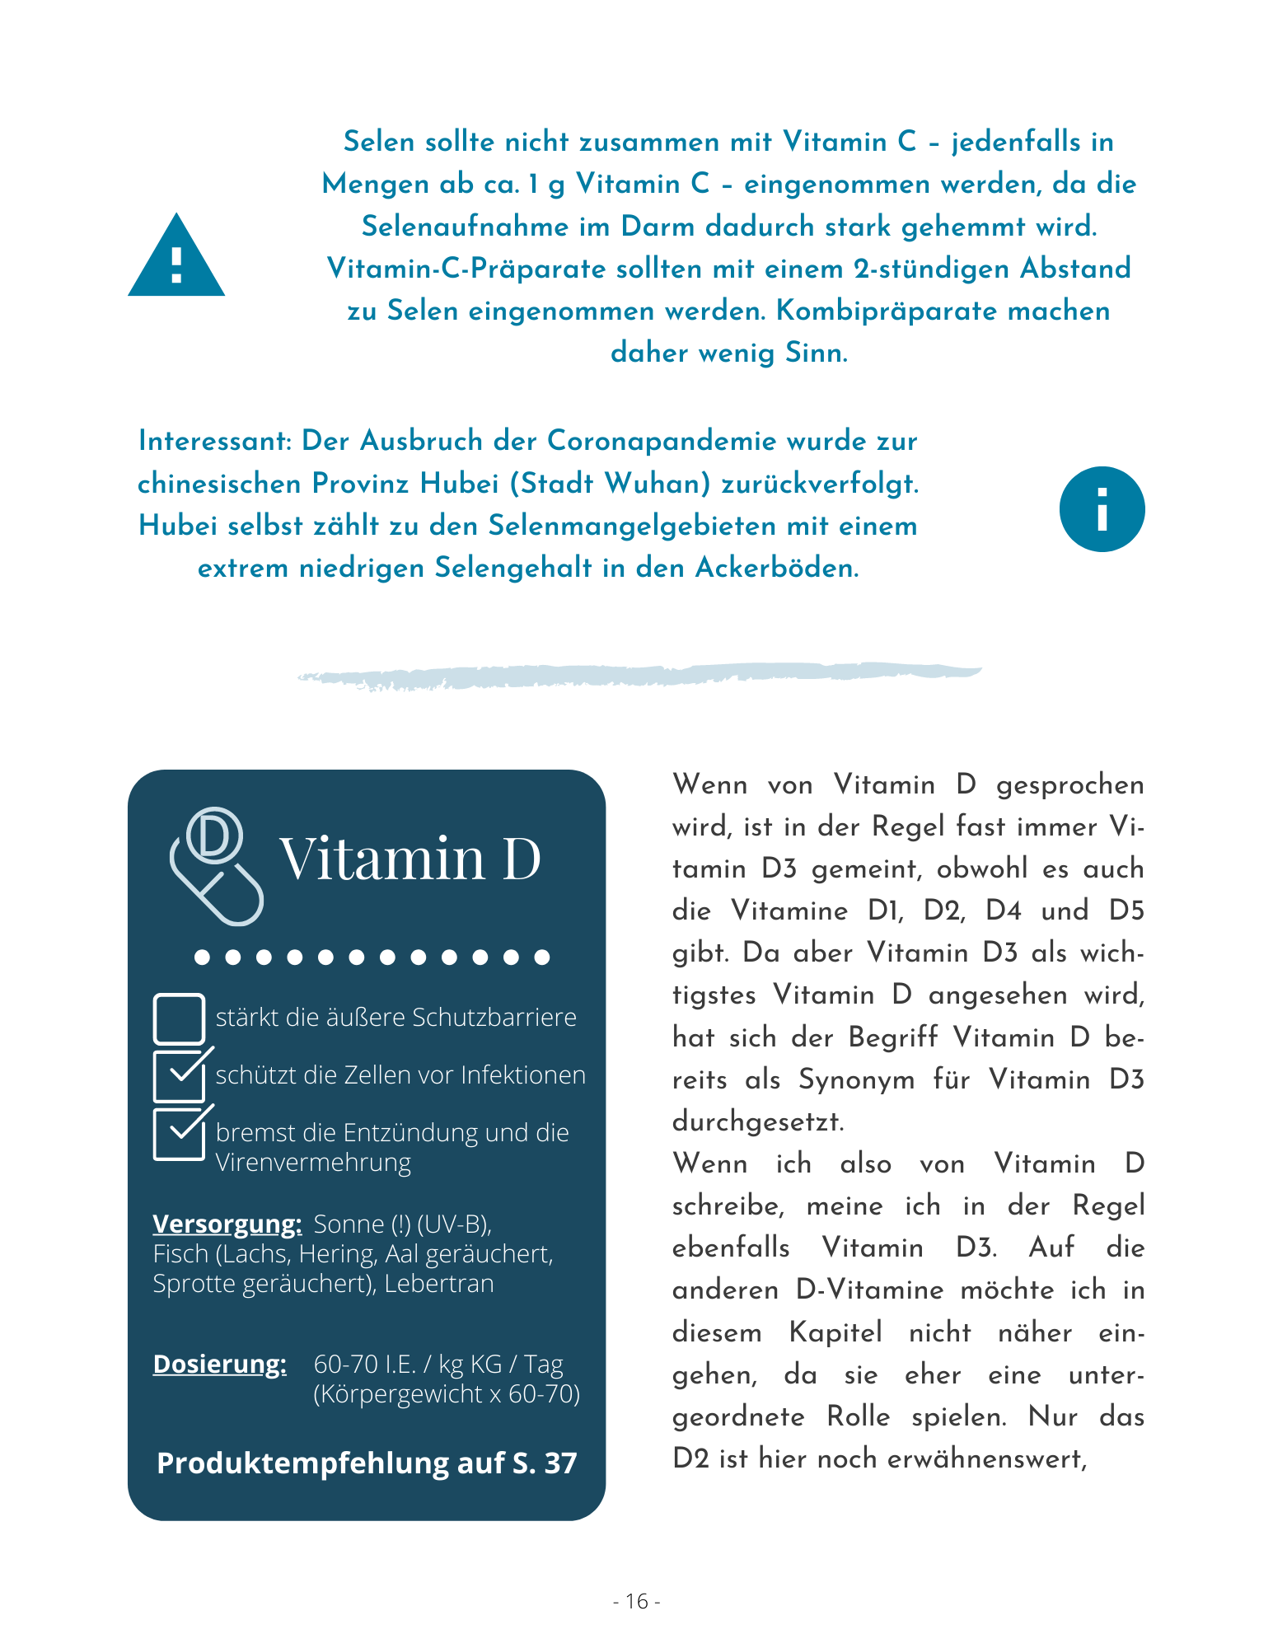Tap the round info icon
point(1102,509)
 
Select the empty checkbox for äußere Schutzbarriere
point(179,1018)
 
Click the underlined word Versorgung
point(227,1224)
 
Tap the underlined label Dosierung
point(220,1365)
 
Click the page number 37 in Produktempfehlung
point(560,1463)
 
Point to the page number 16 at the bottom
point(637,1601)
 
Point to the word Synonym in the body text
point(856,1079)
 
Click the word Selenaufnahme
point(465,227)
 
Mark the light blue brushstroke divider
point(639,675)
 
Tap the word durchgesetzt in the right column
point(758,1121)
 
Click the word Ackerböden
point(777,569)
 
